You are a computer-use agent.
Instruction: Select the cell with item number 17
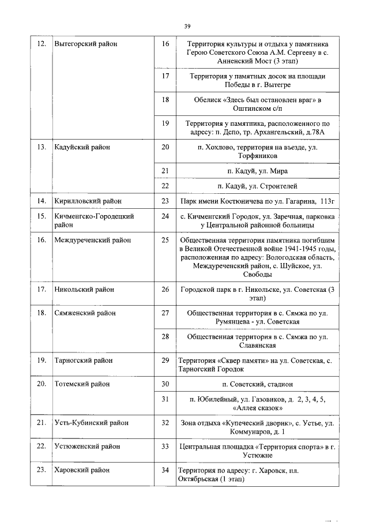click(x=165, y=76)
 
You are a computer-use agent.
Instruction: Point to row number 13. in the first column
click(x=41, y=147)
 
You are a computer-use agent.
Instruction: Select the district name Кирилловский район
click(x=88, y=201)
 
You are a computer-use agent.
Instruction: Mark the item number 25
click(x=165, y=239)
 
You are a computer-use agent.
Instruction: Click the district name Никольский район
click(x=84, y=289)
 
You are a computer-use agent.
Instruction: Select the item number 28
click(x=165, y=336)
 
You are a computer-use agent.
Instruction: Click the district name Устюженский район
click(x=87, y=446)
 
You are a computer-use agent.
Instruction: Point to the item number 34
click(x=165, y=470)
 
